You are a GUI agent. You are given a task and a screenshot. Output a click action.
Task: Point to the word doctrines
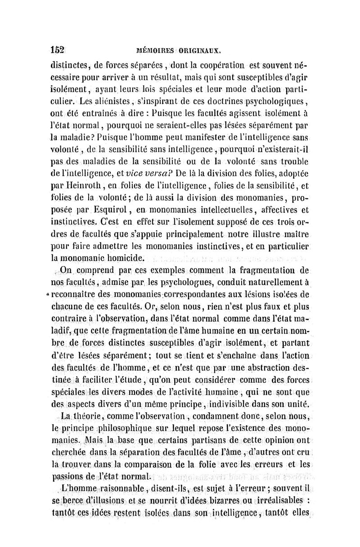click(x=199, y=110)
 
